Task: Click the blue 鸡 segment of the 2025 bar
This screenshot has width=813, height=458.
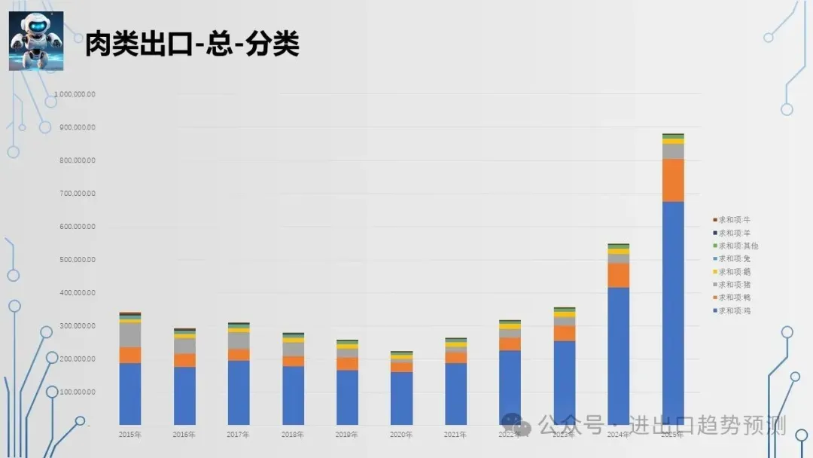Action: coord(672,313)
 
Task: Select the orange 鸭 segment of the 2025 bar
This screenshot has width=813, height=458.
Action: coord(672,180)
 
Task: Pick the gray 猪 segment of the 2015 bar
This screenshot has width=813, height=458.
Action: coord(130,334)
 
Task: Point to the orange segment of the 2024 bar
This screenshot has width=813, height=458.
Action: coord(618,275)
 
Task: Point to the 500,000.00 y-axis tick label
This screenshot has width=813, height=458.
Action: coord(75,260)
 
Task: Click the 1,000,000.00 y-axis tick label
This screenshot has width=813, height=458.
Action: coord(74,94)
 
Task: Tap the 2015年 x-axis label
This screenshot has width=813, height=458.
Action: coord(130,435)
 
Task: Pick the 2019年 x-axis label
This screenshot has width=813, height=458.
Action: coord(347,435)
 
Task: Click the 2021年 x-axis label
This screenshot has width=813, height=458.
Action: coord(455,435)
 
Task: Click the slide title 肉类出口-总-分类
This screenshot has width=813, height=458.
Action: coord(192,44)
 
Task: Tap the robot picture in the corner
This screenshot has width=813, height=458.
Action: coord(36,41)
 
